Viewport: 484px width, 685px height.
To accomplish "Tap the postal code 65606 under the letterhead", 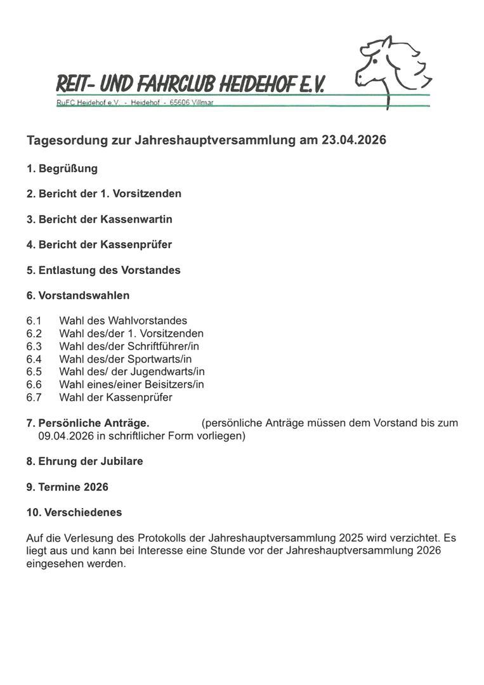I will coord(180,103).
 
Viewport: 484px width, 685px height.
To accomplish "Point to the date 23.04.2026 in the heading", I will coord(353,140).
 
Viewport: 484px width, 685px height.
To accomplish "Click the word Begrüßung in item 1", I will coord(68,169).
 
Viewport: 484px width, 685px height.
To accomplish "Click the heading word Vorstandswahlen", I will coord(84,296).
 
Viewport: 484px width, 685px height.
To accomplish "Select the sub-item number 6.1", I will coord(34,321).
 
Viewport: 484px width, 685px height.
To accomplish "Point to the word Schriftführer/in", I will coord(163,346).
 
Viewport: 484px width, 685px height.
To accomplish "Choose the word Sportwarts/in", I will coord(159,359).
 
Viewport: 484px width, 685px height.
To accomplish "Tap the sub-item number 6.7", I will coord(34,398).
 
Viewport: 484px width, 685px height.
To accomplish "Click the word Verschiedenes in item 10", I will coord(83,512).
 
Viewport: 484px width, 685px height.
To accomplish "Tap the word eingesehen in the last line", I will coord(53,564).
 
